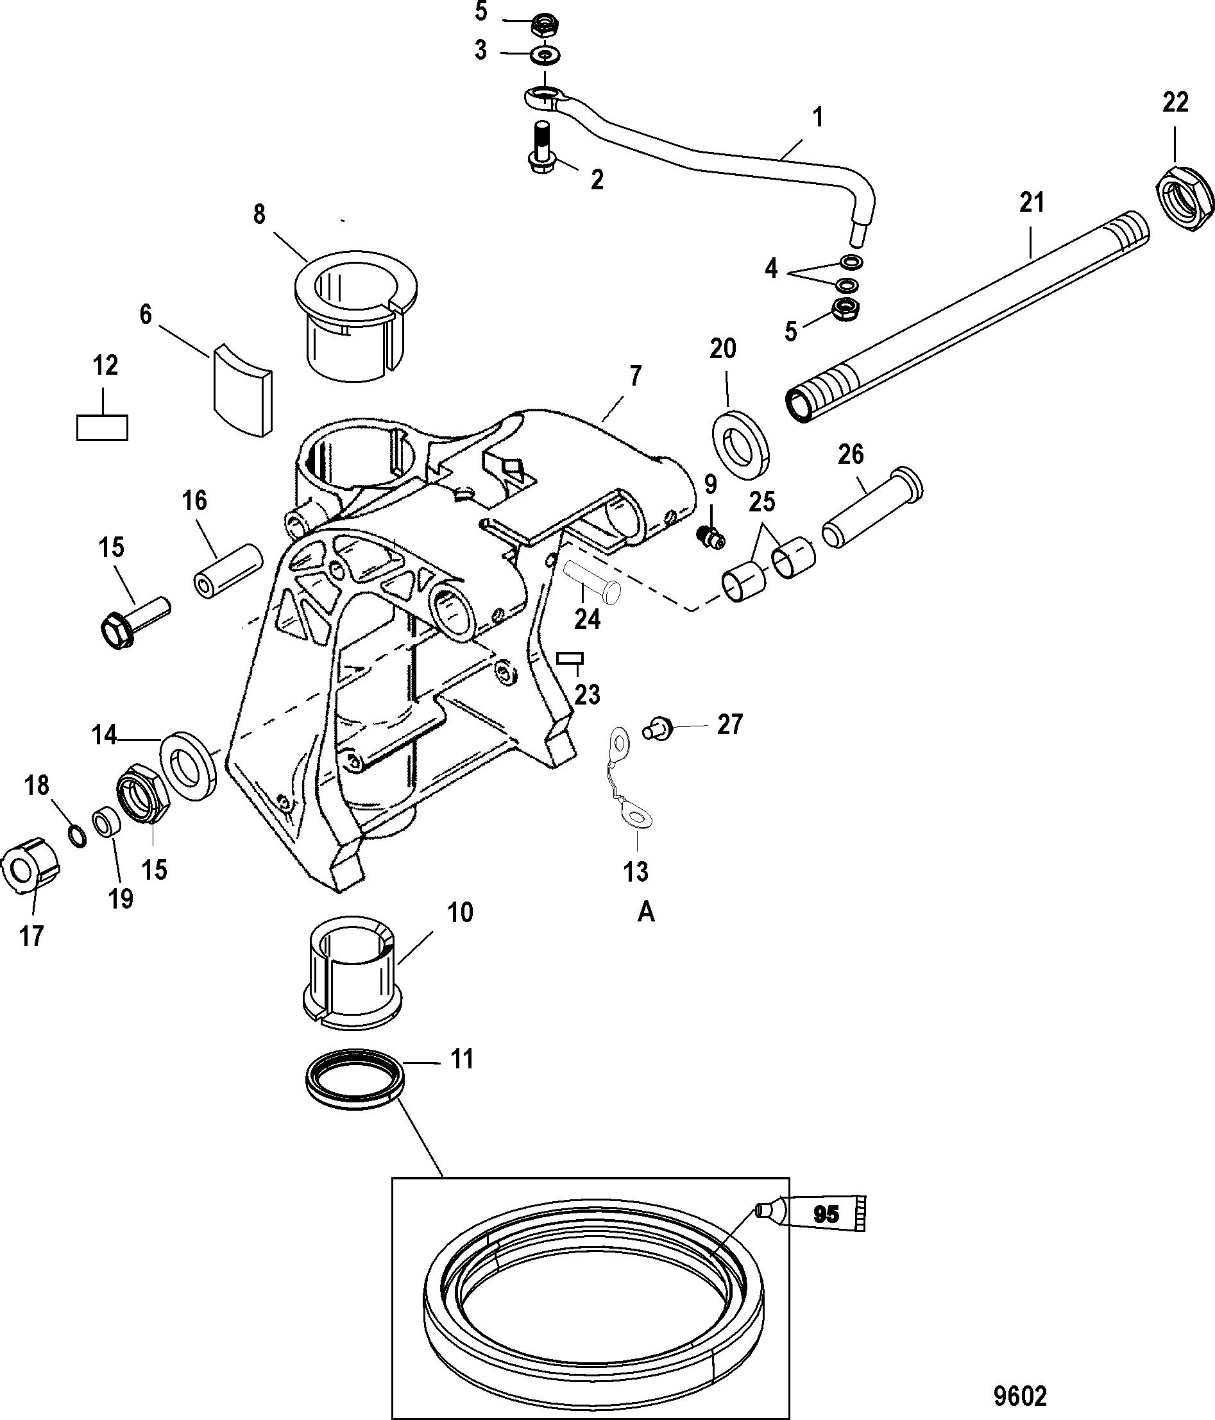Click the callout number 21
pyautogui.click(x=1032, y=203)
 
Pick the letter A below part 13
pyautogui.click(x=645, y=913)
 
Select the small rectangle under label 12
pyautogui.click(x=101, y=427)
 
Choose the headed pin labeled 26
pyautogui.click(x=872, y=507)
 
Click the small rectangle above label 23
pyautogui.click(x=570, y=658)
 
